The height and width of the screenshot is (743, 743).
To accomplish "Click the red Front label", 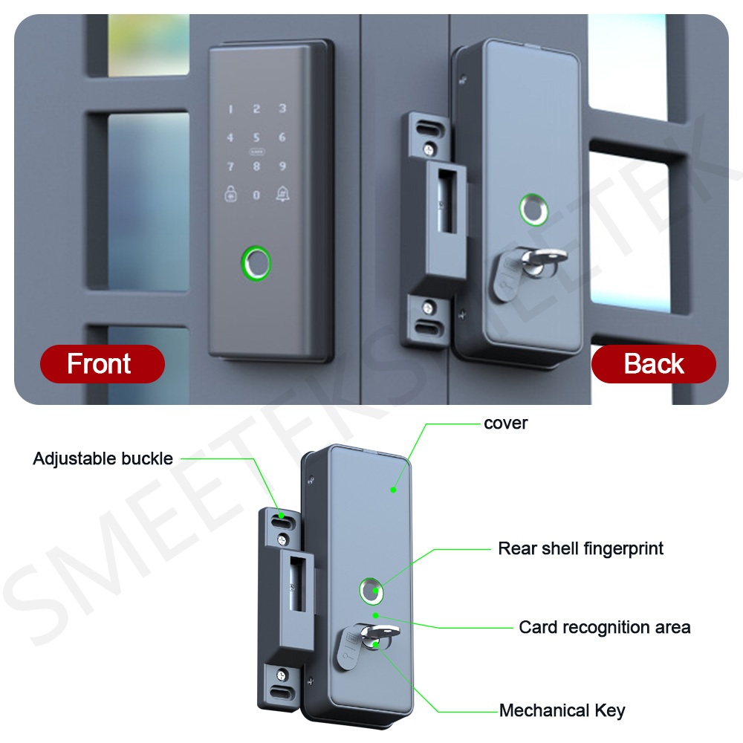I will pos(100,363).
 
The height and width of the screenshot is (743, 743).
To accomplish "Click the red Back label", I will pos(654,363).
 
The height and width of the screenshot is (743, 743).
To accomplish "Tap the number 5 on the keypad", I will pos(256,137).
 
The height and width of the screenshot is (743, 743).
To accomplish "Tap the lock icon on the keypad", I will pos(230,194).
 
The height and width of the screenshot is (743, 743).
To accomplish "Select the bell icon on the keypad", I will pos(283,194).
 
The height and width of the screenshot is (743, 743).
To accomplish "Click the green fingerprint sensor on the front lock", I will pos(256,263).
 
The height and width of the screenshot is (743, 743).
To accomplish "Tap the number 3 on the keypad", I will pos(282,108).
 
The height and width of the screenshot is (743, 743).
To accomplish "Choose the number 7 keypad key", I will pos(230,166).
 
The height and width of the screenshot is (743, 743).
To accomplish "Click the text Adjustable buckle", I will pos(103,458).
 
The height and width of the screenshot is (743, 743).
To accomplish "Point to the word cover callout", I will pos(505,424).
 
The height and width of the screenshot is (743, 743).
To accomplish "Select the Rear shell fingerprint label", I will pos(580,549).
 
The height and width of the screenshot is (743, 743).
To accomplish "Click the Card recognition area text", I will pos(604,627).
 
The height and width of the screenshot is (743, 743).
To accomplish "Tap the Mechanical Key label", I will pos(562,711).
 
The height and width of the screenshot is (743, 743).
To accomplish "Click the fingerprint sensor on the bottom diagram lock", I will pos(371,591).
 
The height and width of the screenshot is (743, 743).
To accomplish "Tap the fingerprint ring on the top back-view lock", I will pos(533,210).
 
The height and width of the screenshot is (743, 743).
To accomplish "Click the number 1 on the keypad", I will pos(230,109).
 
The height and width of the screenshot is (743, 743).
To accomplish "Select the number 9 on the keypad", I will pos(282,166).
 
